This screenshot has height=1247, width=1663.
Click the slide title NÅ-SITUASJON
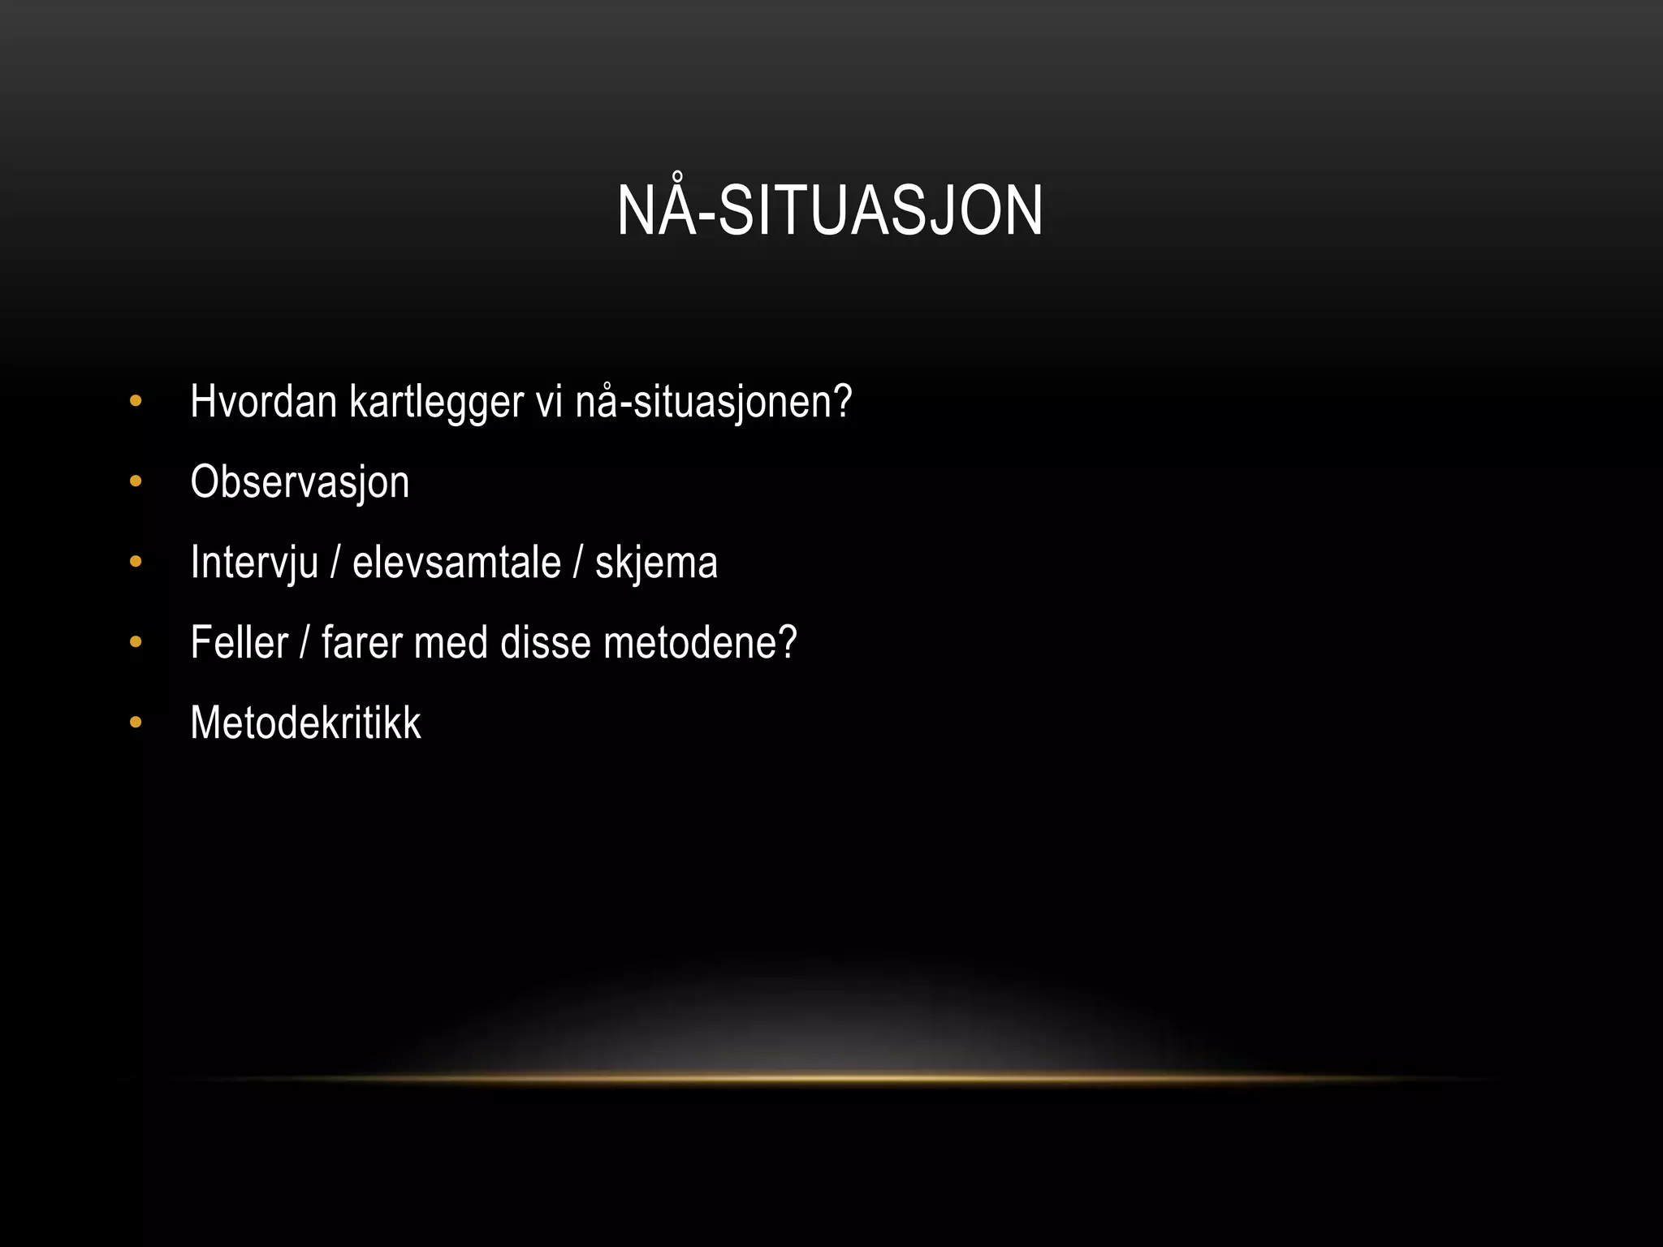click(830, 210)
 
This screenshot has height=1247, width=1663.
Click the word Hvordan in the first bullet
click(263, 401)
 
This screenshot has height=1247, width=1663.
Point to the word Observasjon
click(300, 482)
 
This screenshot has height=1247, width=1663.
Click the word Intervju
click(253, 563)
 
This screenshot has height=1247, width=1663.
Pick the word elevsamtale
click(456, 562)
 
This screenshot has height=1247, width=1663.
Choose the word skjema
click(656, 563)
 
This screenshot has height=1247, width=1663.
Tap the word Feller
click(239, 642)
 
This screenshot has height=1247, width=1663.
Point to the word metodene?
click(700, 642)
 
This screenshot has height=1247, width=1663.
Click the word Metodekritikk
click(305, 722)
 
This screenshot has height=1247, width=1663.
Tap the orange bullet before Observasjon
click(136, 482)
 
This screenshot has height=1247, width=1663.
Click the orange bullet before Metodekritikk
click(136, 722)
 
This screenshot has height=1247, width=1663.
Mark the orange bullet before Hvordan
click(136, 401)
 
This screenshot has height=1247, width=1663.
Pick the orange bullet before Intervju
click(136, 562)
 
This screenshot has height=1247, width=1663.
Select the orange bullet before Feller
click(136, 642)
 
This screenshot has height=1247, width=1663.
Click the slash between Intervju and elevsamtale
click(335, 563)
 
